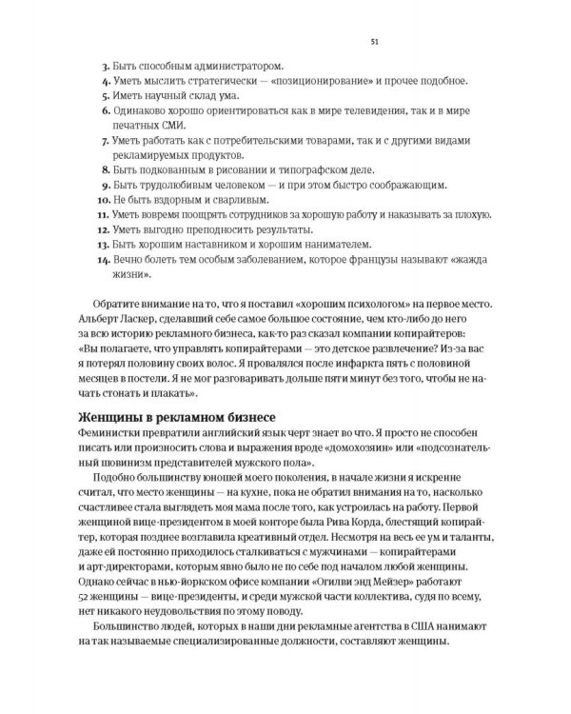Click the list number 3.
click(x=105, y=66)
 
